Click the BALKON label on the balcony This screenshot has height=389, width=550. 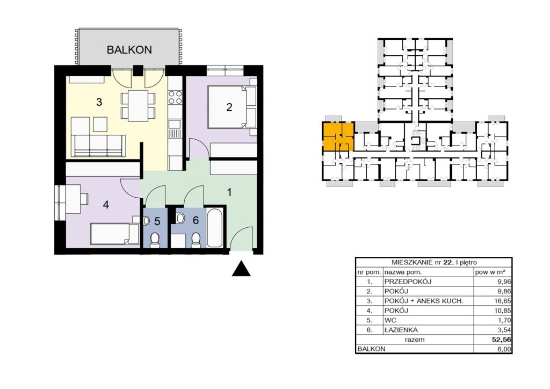pos(129,50)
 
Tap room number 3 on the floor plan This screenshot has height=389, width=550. pos(99,102)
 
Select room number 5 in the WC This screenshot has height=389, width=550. pos(157,221)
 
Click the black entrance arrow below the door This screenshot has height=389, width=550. pos(241,268)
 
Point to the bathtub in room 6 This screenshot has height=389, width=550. pos(215,228)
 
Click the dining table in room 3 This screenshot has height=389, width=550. pos(138,106)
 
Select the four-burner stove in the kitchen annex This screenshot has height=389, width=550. pos(175,97)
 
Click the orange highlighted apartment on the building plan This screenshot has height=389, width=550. pos(338,137)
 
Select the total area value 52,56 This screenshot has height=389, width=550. pos(502,340)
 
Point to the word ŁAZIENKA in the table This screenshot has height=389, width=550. pos(401,330)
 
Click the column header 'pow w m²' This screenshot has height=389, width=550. pos(490,272)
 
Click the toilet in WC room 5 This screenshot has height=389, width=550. pos(154,240)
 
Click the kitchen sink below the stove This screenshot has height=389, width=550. pos(175,124)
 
